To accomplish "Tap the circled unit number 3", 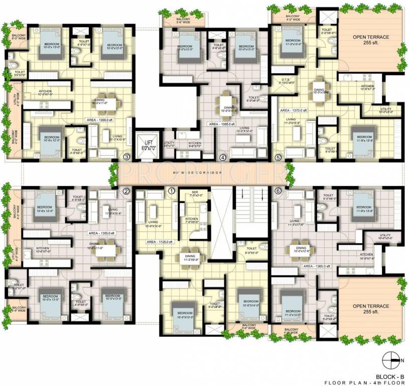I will click(x=126, y=157).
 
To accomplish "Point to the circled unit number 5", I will click(x=279, y=157).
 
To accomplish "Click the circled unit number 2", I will click(x=126, y=191).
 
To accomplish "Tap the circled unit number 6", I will click(x=279, y=191).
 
